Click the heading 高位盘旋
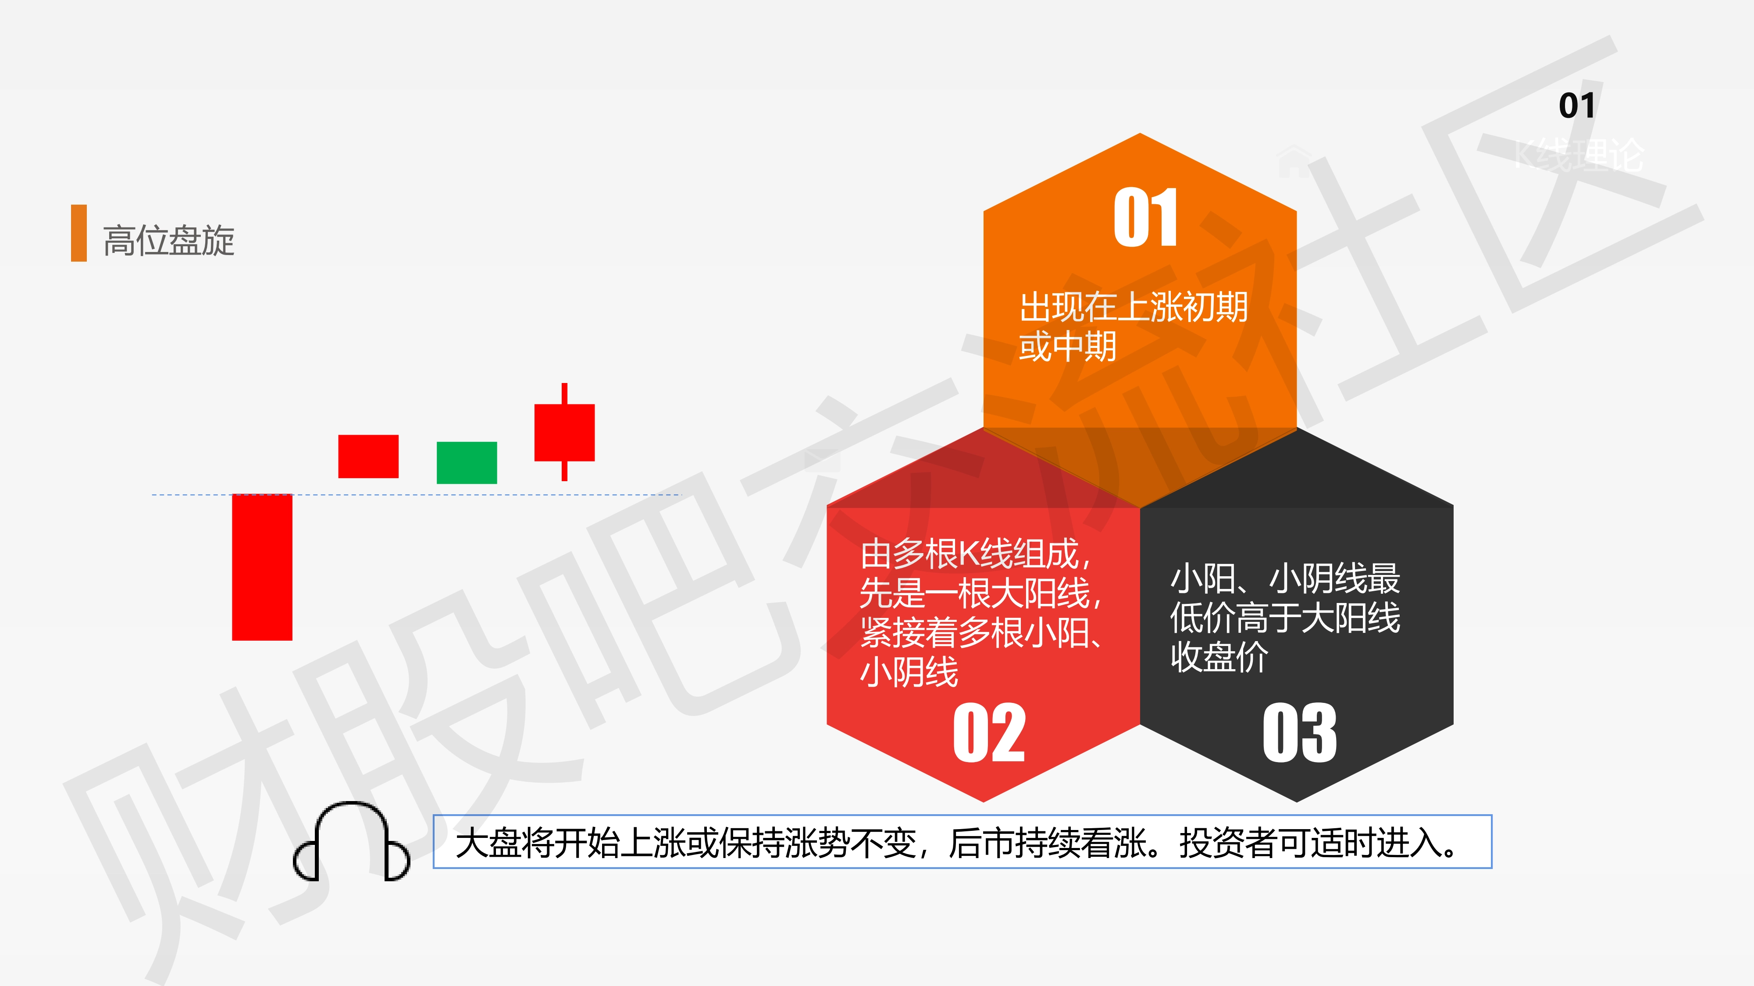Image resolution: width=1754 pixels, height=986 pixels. tap(169, 240)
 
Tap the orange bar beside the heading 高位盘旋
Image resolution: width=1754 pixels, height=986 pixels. tap(79, 233)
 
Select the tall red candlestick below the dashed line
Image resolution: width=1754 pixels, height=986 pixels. tap(262, 567)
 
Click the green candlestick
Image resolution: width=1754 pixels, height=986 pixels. tap(467, 463)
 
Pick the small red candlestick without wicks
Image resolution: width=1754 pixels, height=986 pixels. tap(368, 456)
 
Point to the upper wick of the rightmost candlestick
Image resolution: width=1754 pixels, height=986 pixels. tap(564, 394)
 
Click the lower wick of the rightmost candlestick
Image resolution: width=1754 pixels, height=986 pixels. tap(564, 471)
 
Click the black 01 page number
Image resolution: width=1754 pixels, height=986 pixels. tap(1577, 106)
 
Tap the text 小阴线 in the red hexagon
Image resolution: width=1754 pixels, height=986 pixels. tap(909, 672)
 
